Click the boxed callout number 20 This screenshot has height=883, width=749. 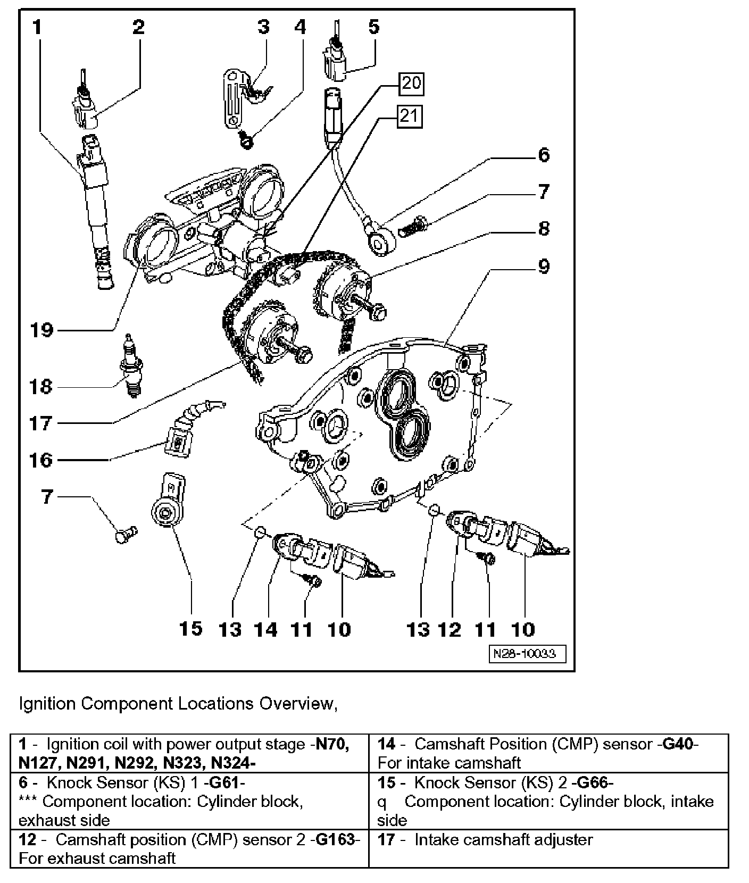click(x=412, y=84)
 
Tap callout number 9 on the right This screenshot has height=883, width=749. click(x=543, y=266)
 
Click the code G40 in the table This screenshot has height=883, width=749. click(x=678, y=744)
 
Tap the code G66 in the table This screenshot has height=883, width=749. click(x=595, y=782)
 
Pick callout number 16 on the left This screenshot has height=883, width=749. click(x=41, y=461)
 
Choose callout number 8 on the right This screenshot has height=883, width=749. click(x=543, y=229)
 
